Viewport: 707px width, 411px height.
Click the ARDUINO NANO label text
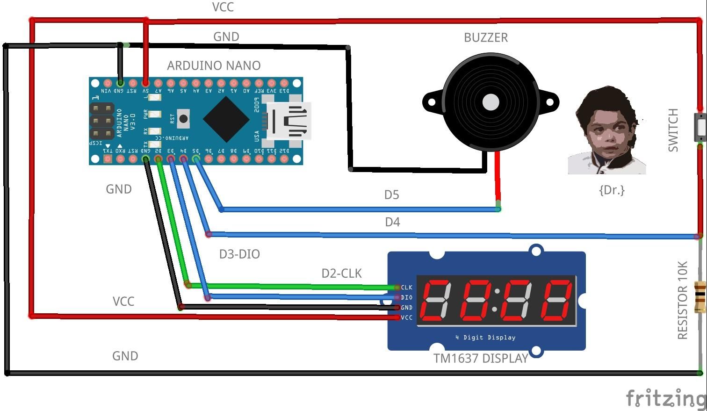pyautogui.click(x=214, y=65)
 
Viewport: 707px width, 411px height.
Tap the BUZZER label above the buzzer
pyautogui.click(x=485, y=37)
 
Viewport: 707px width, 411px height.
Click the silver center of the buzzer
pyautogui.click(x=491, y=102)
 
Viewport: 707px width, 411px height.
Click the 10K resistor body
pyautogui.click(x=700, y=296)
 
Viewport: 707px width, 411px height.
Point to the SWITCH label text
pyautogui.click(x=673, y=130)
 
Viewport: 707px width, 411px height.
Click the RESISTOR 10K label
pyautogui.click(x=682, y=300)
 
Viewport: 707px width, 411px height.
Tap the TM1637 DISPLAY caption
pyautogui.click(x=480, y=358)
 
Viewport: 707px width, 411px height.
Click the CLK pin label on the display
pyautogui.click(x=406, y=287)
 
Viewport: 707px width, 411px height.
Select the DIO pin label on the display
pyautogui.click(x=406, y=297)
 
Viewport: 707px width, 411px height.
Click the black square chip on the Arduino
pyautogui.click(x=226, y=119)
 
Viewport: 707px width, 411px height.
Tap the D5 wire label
pyautogui.click(x=391, y=195)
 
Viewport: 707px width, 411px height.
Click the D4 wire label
pyautogui.click(x=392, y=222)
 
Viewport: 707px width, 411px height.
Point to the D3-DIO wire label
pyautogui.click(x=239, y=254)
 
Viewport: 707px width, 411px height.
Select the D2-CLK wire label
pyautogui.click(x=341, y=274)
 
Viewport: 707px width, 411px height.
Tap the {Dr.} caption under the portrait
pyautogui.click(x=612, y=190)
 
